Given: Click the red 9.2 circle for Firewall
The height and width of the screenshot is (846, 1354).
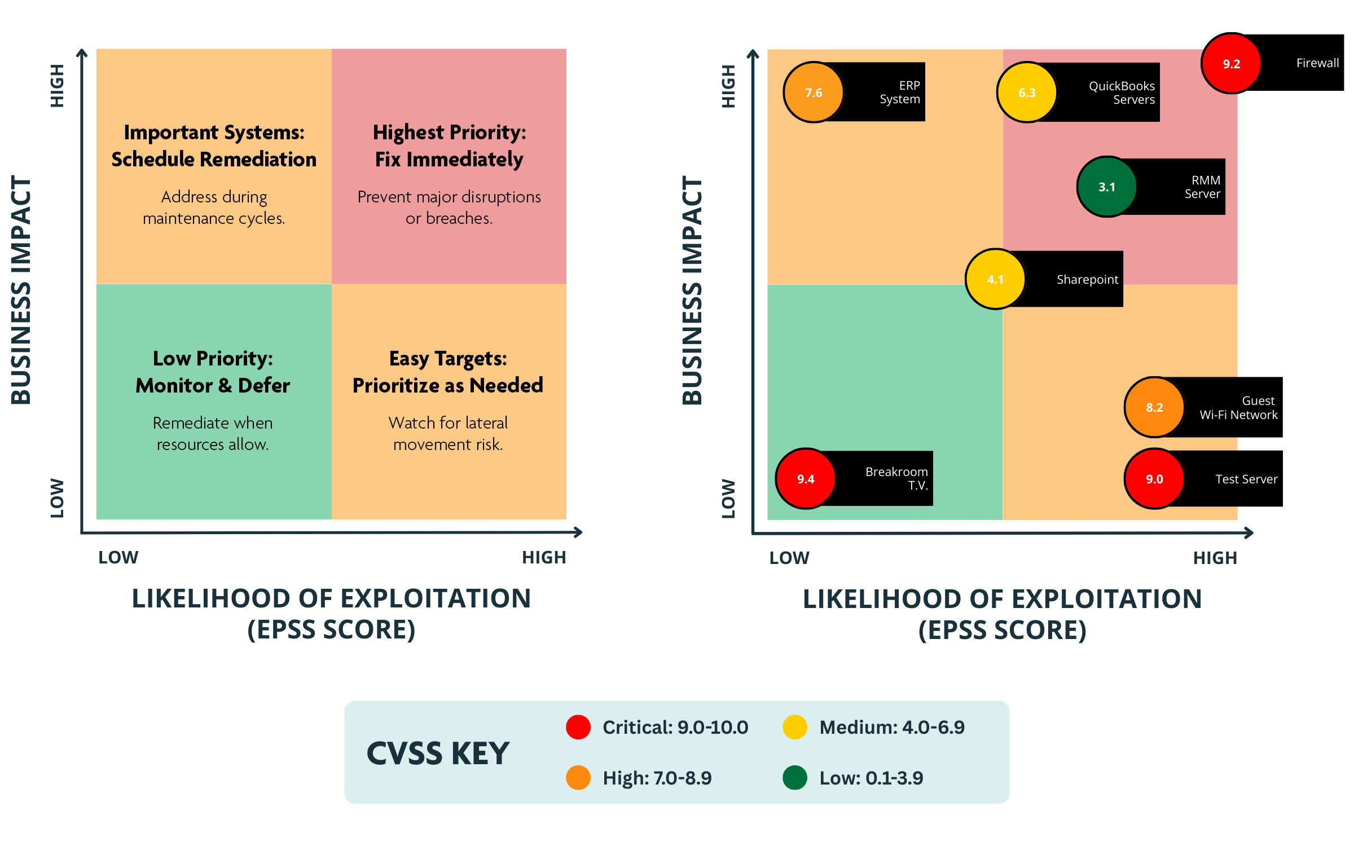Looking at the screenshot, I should (1231, 64).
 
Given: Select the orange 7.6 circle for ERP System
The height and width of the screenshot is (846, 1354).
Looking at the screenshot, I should (814, 92).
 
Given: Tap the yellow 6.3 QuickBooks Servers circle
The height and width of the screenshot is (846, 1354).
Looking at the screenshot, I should (1027, 92).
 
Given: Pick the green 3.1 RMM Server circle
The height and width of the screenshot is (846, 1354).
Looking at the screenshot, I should (1107, 187).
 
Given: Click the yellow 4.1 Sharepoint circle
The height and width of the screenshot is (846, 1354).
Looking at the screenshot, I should (995, 279).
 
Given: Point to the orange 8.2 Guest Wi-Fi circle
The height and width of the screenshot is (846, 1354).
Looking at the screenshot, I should (1154, 407).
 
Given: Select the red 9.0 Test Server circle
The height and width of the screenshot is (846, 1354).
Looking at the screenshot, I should (1154, 479).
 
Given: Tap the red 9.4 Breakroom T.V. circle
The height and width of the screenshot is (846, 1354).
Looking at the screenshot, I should (806, 479).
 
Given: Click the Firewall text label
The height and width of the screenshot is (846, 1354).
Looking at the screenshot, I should (1317, 63).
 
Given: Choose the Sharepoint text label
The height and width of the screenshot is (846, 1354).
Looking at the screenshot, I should (1087, 280).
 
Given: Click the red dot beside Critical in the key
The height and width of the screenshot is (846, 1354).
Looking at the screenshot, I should (578, 727).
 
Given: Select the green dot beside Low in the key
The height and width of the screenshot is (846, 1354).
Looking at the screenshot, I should (795, 778).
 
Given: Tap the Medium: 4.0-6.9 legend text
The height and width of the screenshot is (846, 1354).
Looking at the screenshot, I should (891, 727).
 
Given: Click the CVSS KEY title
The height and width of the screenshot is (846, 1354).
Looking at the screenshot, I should (438, 754).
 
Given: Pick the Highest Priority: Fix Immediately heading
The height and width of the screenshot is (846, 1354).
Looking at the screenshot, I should (449, 146).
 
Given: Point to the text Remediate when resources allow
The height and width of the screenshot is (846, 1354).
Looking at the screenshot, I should (213, 433).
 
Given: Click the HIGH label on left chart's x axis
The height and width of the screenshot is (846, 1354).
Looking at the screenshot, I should (543, 557).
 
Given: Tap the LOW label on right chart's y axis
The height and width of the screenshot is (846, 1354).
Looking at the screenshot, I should (728, 499).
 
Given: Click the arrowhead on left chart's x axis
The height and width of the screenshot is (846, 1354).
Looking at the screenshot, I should (578, 532).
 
